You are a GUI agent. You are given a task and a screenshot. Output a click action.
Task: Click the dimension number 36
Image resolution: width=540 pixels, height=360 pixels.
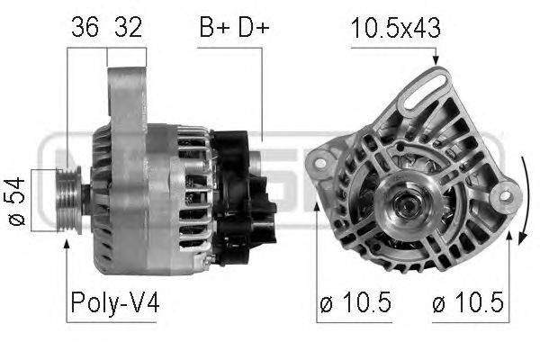[85, 27]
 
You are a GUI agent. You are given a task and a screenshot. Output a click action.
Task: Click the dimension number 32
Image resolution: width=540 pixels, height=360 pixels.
[128, 27]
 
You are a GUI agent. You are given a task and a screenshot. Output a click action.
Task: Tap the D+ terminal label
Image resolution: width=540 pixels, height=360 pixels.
[254, 27]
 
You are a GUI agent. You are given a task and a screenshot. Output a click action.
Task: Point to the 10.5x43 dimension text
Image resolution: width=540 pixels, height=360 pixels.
[396, 28]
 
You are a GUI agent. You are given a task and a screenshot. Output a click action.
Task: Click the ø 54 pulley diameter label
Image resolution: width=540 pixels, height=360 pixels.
[17, 202]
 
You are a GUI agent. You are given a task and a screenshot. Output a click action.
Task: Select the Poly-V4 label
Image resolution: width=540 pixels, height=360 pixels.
[114, 302]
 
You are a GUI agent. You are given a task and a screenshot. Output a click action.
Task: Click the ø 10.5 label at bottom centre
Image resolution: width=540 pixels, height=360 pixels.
[355, 302]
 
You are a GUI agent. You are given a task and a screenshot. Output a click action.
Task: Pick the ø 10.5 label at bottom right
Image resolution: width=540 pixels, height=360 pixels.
[468, 302]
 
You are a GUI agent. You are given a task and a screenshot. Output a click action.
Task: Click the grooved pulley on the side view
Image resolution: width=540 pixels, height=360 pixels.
[68, 200]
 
